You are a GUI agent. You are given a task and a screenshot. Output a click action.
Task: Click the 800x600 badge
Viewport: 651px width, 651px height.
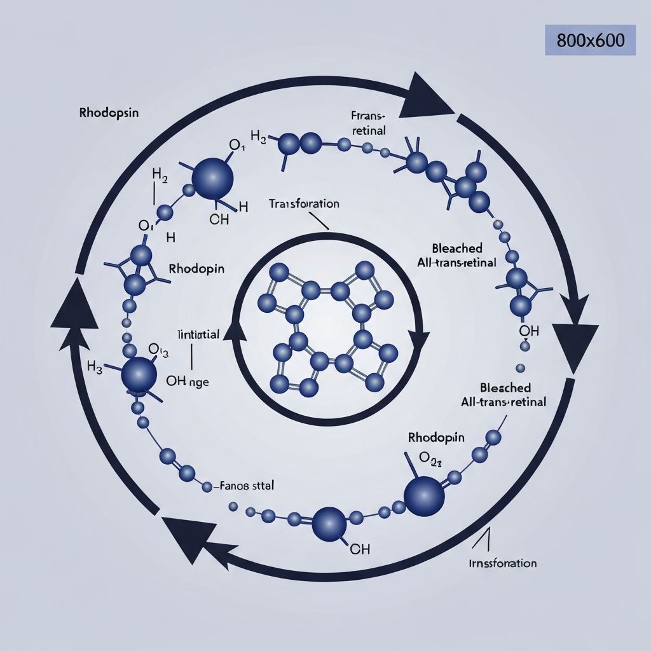[590, 41]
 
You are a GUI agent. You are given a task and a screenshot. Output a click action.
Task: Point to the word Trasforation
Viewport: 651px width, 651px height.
[304, 204]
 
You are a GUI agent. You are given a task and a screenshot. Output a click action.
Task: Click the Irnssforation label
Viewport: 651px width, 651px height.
[503, 563]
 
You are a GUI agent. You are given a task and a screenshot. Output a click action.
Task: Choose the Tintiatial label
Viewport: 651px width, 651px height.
[198, 334]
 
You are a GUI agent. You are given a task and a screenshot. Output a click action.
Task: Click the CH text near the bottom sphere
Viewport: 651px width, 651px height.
[360, 549]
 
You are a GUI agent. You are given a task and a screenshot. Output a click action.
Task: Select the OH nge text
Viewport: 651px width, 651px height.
[187, 381]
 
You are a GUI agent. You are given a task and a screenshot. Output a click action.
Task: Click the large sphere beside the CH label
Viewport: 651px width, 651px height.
[329, 523]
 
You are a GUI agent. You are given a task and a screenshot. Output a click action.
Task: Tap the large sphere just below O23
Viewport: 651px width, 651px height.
[425, 495]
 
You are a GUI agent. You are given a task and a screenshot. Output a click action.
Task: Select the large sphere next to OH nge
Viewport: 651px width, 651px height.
[139, 374]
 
